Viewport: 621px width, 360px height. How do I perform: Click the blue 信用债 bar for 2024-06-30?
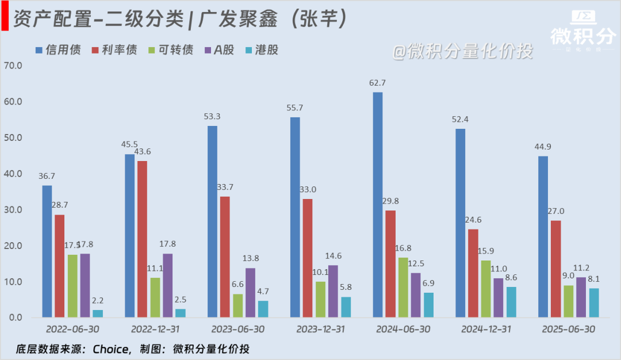point(378,205)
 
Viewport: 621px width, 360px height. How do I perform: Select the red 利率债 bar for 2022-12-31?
point(142,239)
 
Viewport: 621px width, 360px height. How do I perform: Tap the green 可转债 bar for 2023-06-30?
point(237,305)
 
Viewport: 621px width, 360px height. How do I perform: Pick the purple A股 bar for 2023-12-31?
point(333,291)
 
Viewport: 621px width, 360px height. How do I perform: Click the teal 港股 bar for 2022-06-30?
point(98,313)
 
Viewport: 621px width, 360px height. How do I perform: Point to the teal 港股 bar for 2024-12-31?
point(511,302)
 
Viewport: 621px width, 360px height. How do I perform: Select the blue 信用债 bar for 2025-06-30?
point(543,236)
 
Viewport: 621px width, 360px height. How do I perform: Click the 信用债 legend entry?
point(57,50)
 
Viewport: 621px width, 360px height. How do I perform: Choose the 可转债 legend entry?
point(170,50)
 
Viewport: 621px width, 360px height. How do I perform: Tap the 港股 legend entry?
point(261,50)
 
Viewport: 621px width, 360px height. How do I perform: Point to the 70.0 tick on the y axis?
point(12,66)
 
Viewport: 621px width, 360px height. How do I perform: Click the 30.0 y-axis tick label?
point(12,210)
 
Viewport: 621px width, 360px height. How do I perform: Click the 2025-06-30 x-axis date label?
point(568,329)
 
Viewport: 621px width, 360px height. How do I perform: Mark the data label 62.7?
point(377,83)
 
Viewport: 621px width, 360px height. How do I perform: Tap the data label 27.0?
point(556,210)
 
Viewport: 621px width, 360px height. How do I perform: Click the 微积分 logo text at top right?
point(583,36)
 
